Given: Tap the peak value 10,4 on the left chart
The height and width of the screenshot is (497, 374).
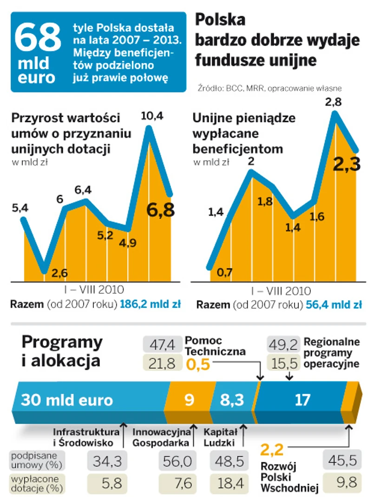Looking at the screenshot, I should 152,117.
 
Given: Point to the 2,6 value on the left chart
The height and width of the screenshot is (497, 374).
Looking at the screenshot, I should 59,273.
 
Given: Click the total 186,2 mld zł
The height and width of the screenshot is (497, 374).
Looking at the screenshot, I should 151,305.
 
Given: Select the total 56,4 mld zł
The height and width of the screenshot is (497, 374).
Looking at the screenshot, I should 333,305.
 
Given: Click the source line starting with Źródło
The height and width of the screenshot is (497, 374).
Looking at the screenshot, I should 269,87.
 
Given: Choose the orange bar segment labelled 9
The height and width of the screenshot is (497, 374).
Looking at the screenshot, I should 190,400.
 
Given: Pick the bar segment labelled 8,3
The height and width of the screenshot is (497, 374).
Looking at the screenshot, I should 232,400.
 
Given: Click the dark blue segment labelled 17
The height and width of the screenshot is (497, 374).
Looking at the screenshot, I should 299,400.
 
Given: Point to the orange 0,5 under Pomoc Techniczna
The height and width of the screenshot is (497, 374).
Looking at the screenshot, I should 197,365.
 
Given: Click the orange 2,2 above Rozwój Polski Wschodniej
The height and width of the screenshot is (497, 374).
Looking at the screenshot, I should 272,450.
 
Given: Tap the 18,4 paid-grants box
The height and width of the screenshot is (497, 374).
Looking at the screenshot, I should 228,484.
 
